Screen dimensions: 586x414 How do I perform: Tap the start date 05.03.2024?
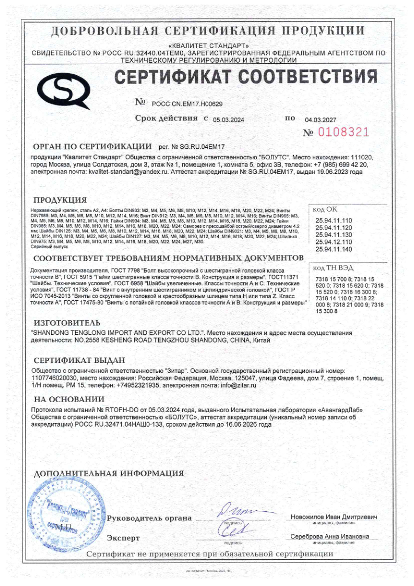coord(228,120)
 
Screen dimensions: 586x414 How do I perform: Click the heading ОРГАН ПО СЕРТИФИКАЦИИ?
coord(92,147)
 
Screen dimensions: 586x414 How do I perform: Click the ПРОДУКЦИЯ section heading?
coord(60,200)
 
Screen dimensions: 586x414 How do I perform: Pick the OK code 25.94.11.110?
coord(334,220)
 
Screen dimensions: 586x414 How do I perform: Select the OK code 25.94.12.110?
coord(334,242)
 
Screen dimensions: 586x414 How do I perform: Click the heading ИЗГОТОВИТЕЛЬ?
coord(67,322)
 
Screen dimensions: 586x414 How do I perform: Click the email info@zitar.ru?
coord(238,385)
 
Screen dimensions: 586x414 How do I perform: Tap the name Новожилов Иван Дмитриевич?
coord(334,517)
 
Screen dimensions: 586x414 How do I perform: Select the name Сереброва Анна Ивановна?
coord(329,536)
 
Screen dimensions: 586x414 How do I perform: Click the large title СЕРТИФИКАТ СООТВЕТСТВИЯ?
coord(246,77)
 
